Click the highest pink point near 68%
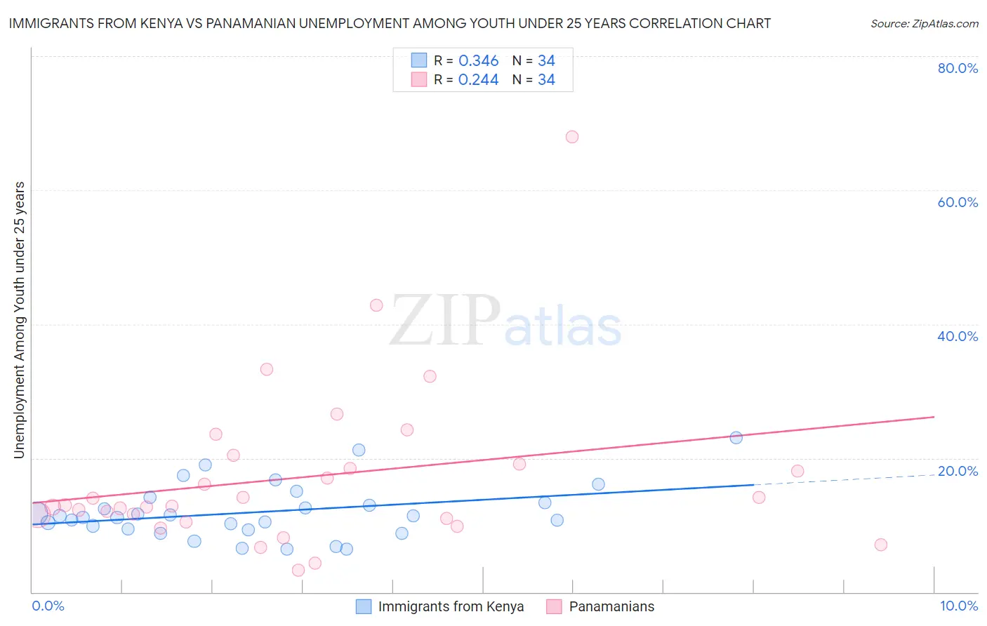572,137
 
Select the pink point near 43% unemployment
376,305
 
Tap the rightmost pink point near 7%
881,545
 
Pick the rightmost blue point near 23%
736,438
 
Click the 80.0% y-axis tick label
958,68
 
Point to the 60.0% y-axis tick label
958,202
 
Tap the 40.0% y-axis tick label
958,336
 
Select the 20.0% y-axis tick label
958,471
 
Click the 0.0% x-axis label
48,606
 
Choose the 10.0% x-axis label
958,606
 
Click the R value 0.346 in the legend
478,61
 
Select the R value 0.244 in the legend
478,80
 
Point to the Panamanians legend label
611,606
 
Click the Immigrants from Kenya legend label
451,606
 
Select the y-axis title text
20,320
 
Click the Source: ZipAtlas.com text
925,24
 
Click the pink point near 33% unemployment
267,369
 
